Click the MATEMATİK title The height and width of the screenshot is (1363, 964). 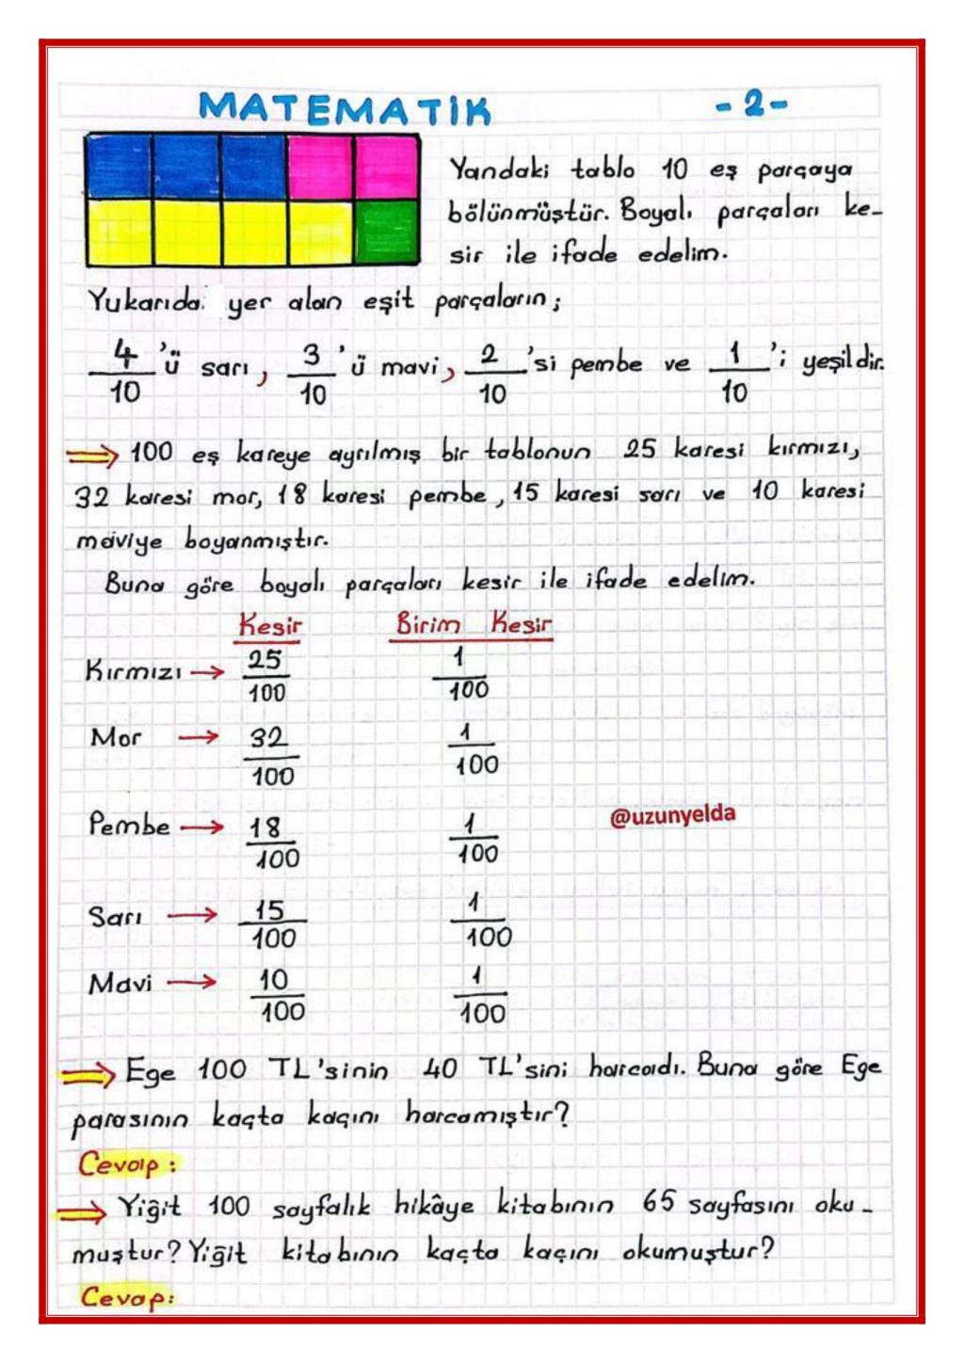pyautogui.click(x=345, y=108)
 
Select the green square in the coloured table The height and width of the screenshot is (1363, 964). pyautogui.click(x=387, y=233)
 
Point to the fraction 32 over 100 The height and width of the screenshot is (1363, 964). pyautogui.click(x=271, y=757)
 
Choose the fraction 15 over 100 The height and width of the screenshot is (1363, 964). pyautogui.click(x=272, y=924)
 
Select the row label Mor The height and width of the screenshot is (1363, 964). pyautogui.click(x=116, y=737)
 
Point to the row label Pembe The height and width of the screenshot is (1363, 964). pyautogui.click(x=129, y=826)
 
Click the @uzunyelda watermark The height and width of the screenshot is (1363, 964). pyautogui.click(x=672, y=815)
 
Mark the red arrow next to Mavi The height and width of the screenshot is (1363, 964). pyautogui.click(x=191, y=983)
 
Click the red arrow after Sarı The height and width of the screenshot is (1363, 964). pyautogui.click(x=193, y=914)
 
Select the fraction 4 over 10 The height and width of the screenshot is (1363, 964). pyautogui.click(x=124, y=373)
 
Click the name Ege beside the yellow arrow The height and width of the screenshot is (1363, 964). pyautogui.click(x=150, y=1072)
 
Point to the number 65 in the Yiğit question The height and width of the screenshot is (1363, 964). pyautogui.click(x=659, y=1202)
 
